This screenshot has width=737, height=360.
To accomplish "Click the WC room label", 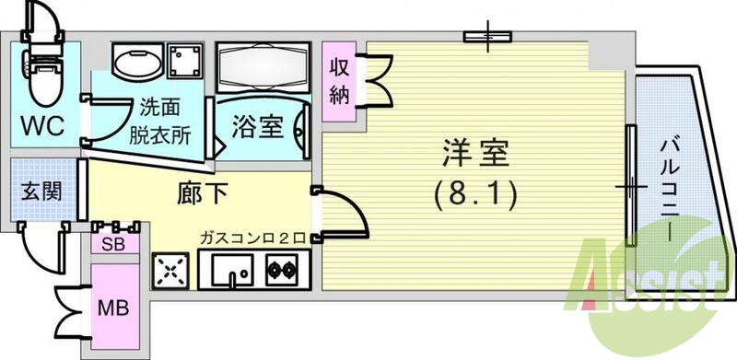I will point(42,125).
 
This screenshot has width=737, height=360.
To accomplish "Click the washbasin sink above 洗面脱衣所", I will point(137,63).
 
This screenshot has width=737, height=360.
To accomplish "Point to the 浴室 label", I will point(258,126).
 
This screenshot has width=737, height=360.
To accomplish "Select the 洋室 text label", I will point(474,153).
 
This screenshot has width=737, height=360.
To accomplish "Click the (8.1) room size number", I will point(474,193).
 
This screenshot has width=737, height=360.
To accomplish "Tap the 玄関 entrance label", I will point(41,192).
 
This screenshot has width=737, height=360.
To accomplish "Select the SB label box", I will point(114,243).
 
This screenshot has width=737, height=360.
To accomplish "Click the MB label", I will point(113,307).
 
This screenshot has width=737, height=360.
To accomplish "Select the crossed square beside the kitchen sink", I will point(170,271).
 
